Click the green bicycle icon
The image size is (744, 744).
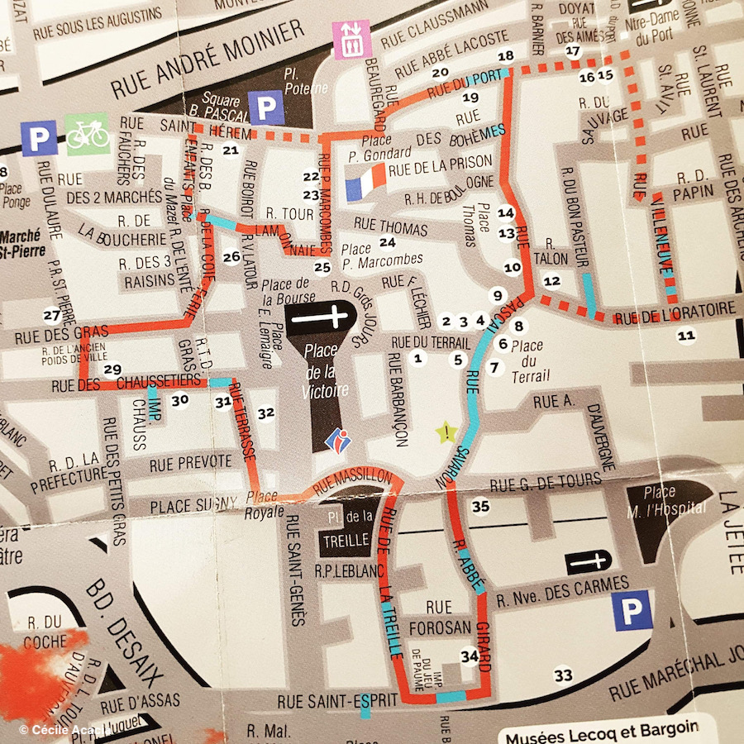(87, 134)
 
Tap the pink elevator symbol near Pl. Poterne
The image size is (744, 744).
(349, 39)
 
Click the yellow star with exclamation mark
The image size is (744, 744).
(446, 432)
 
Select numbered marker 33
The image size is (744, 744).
(563, 676)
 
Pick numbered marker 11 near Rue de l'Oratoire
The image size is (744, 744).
(686, 335)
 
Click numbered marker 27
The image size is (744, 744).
(52, 315)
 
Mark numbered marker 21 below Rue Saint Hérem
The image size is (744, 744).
(231, 150)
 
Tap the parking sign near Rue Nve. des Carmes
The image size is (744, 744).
(632, 613)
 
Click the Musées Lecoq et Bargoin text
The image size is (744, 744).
(601, 727)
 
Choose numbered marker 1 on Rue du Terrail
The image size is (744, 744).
(417, 358)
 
